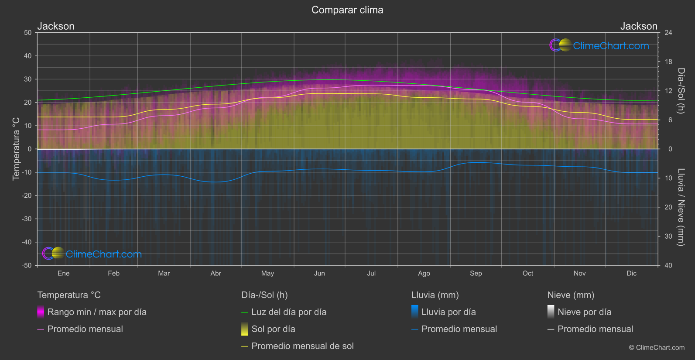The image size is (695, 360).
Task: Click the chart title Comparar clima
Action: [x=347, y=10]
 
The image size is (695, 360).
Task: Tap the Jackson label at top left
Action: [x=56, y=26]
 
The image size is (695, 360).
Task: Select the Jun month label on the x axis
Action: [x=319, y=273]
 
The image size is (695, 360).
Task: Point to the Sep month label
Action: [x=476, y=273]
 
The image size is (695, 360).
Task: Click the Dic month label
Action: [x=631, y=273]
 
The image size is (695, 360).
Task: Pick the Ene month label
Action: [x=64, y=273]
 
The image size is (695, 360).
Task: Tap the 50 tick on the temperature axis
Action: [x=28, y=33]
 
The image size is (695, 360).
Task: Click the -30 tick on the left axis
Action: [x=27, y=219]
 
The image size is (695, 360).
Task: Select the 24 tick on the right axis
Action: [x=668, y=33]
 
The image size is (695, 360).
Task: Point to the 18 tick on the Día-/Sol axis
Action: [x=668, y=62]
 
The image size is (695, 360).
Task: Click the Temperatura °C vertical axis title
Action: [x=16, y=148]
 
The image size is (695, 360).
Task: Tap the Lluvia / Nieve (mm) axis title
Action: [x=681, y=207]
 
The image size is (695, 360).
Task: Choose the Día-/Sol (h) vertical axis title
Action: [x=681, y=91]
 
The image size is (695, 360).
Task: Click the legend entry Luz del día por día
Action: [x=289, y=312]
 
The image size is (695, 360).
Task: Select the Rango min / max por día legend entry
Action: [x=97, y=312]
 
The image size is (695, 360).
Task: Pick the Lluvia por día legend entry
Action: [x=448, y=312]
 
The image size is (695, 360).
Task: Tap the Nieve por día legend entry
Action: [x=584, y=312]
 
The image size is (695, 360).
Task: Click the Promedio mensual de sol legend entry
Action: [x=302, y=346]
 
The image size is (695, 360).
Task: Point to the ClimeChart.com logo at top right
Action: [x=599, y=45]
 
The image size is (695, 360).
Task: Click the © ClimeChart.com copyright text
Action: [x=657, y=348]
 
